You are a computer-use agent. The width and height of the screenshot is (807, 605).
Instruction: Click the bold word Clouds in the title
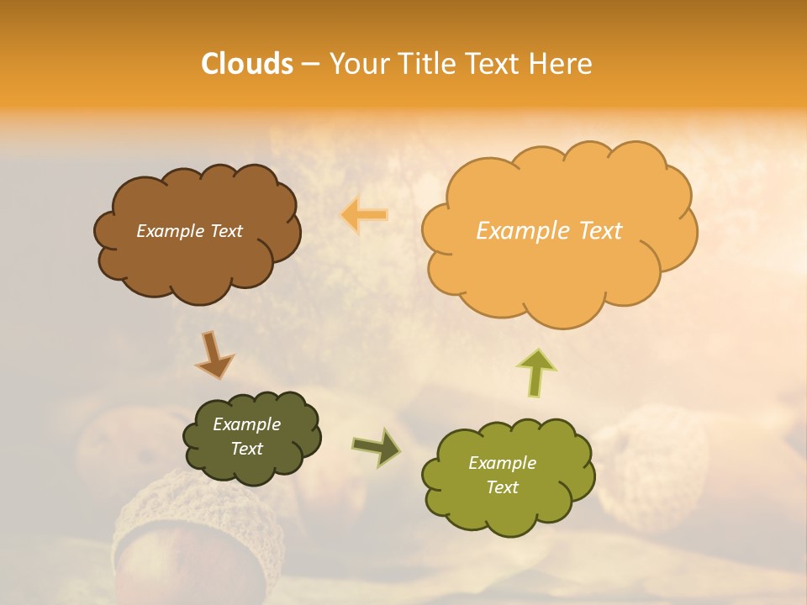247,64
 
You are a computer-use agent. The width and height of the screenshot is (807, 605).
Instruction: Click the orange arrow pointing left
364,216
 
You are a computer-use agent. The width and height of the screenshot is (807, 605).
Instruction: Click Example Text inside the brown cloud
189,231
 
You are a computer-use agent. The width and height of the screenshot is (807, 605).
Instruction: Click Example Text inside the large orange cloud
549,231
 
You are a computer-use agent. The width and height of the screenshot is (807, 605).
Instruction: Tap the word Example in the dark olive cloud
246,424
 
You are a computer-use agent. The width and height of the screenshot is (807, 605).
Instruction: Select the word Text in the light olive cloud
502,487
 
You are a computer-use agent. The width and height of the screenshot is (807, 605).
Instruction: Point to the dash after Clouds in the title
310,65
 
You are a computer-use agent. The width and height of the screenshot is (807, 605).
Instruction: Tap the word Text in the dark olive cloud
246,449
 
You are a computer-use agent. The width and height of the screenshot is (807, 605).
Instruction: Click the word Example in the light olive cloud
502,463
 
